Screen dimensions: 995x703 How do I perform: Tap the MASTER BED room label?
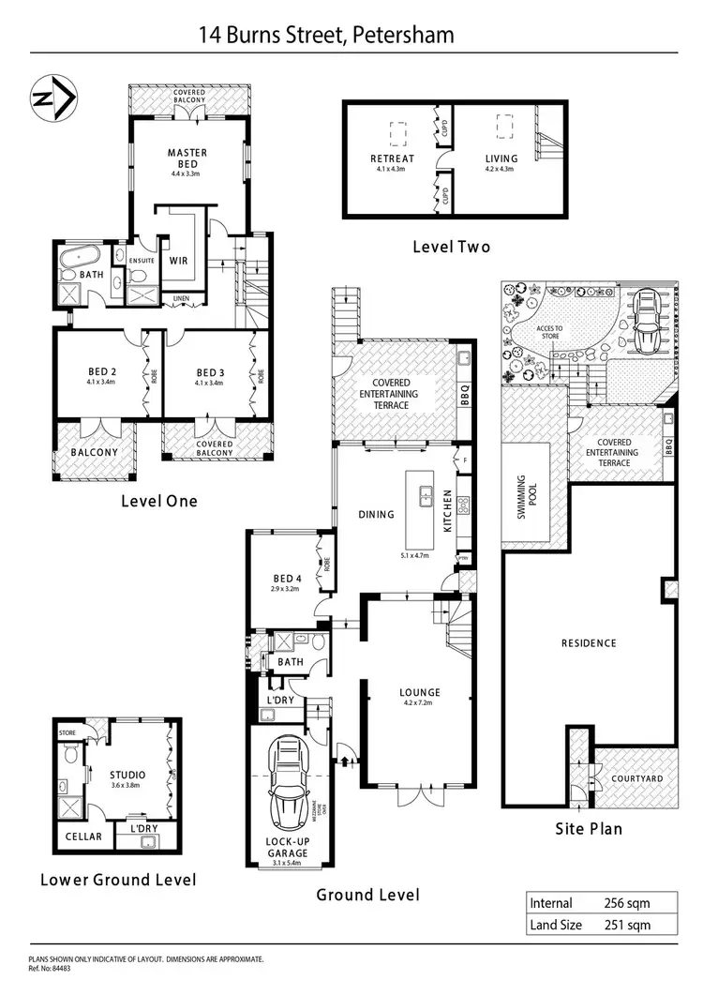187,153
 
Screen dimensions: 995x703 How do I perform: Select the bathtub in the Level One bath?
80,256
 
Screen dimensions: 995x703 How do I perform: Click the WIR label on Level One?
178,262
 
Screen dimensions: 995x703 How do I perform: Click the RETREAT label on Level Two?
392,158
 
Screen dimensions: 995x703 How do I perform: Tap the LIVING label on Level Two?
501,158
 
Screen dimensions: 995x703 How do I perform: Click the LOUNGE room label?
421,693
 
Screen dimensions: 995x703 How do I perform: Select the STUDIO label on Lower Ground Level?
127,775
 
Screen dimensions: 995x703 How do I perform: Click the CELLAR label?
83,837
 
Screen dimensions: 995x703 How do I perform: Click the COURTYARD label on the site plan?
637,778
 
